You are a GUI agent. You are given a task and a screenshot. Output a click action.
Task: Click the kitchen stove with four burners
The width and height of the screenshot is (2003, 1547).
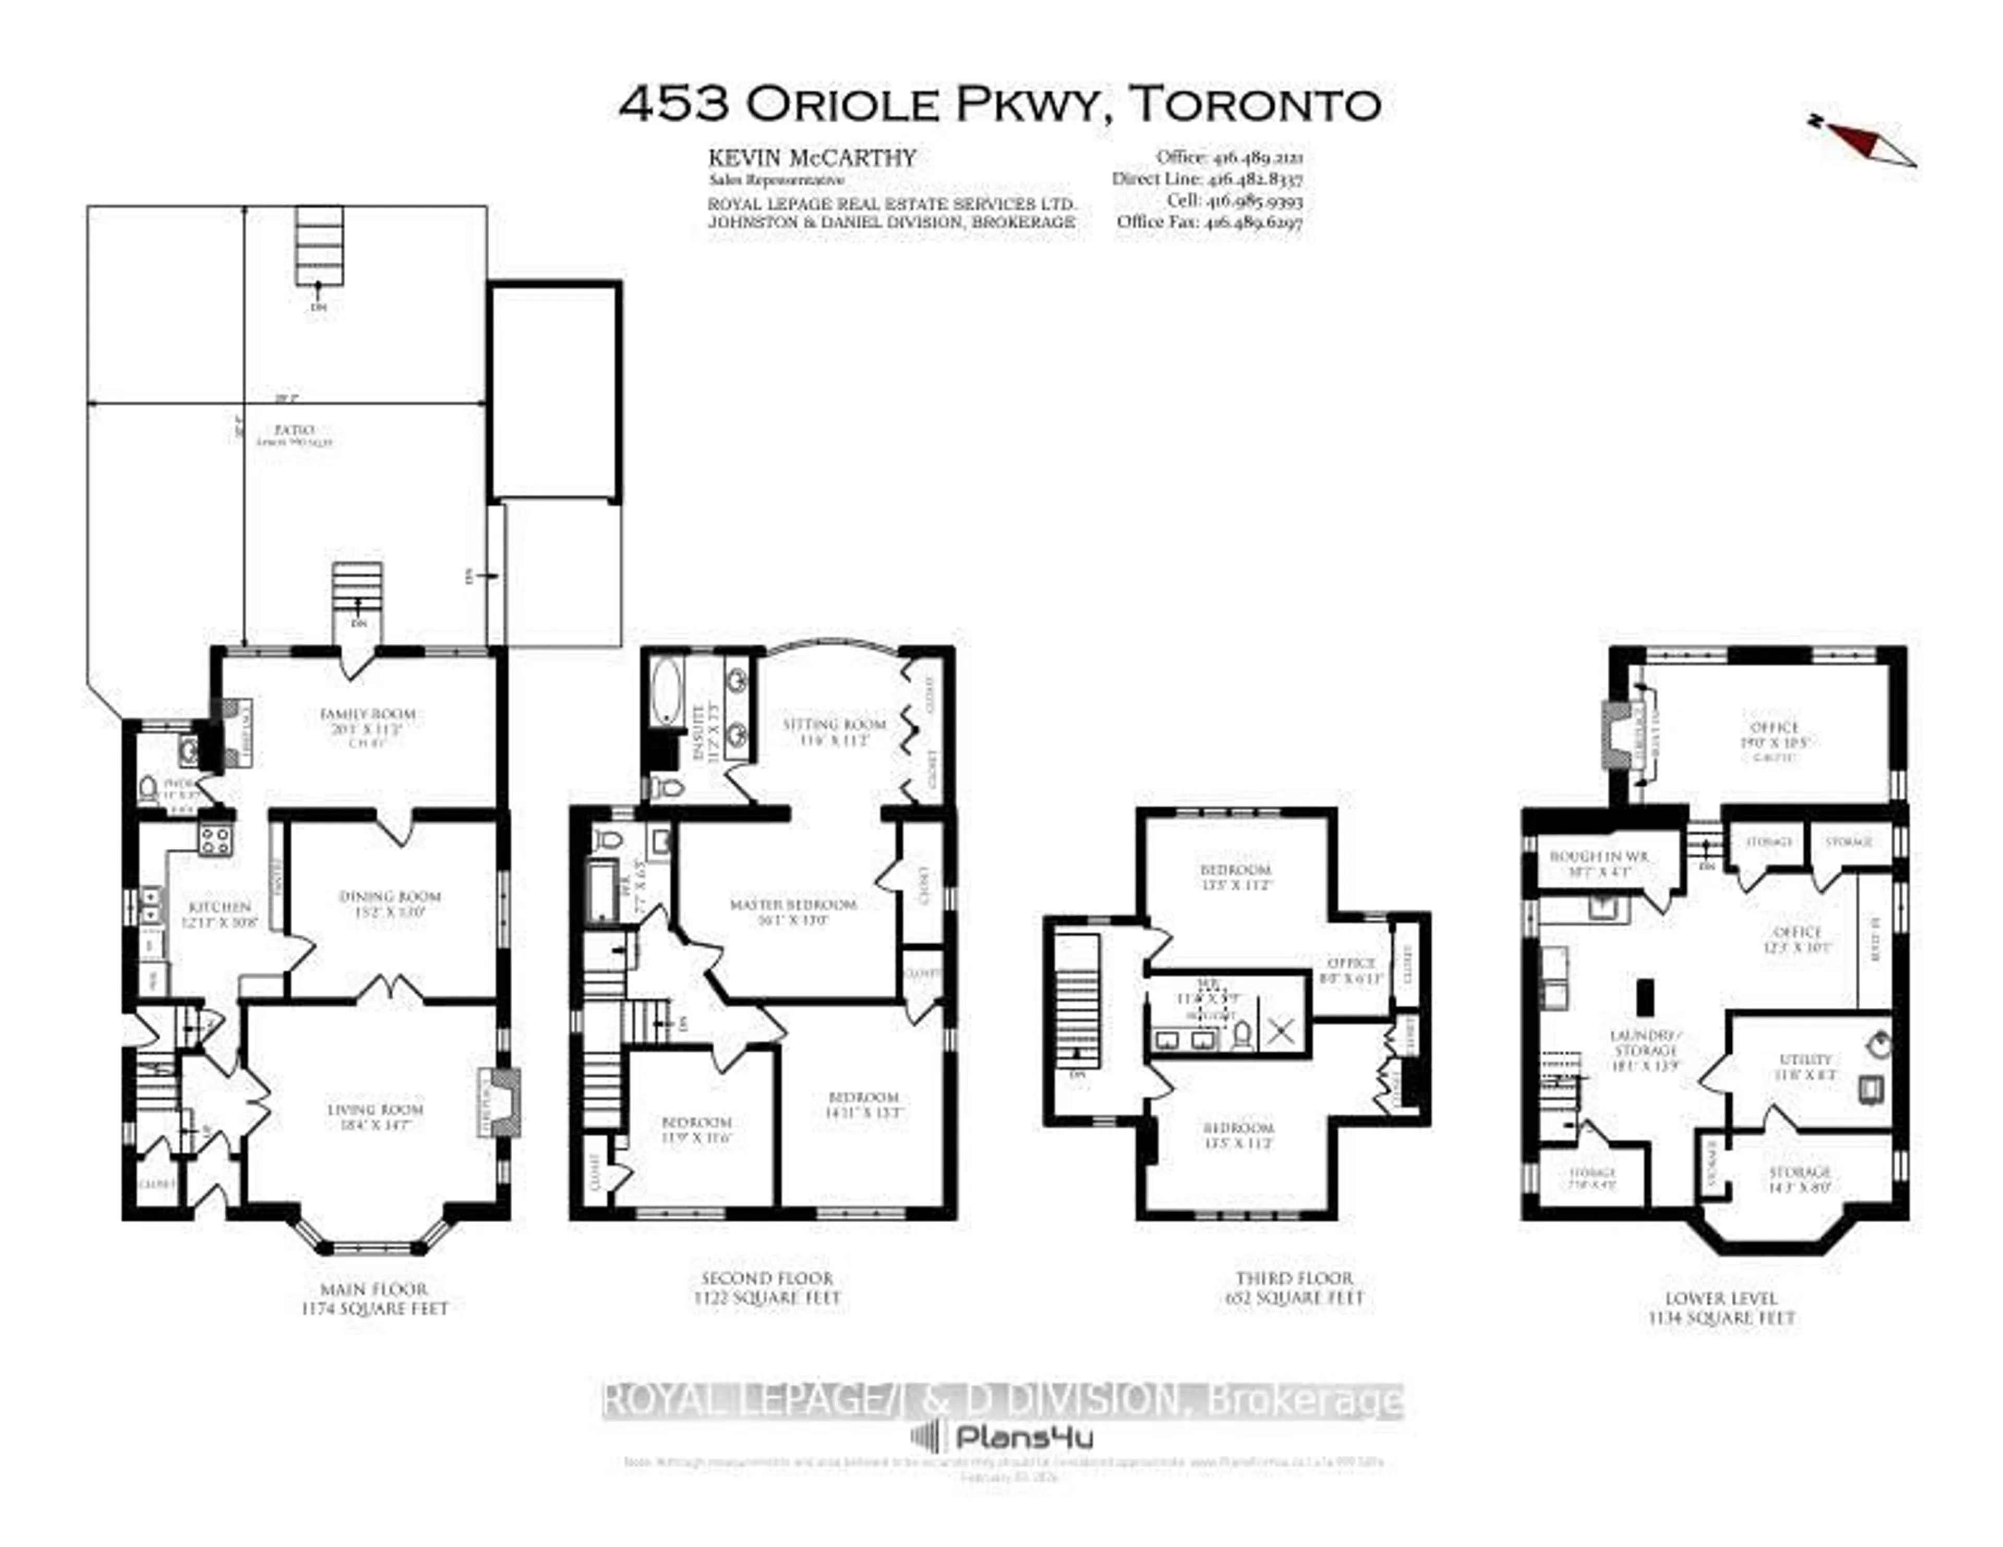pos(215,840)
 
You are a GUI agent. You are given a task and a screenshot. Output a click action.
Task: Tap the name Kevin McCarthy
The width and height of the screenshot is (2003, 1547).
pos(812,158)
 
